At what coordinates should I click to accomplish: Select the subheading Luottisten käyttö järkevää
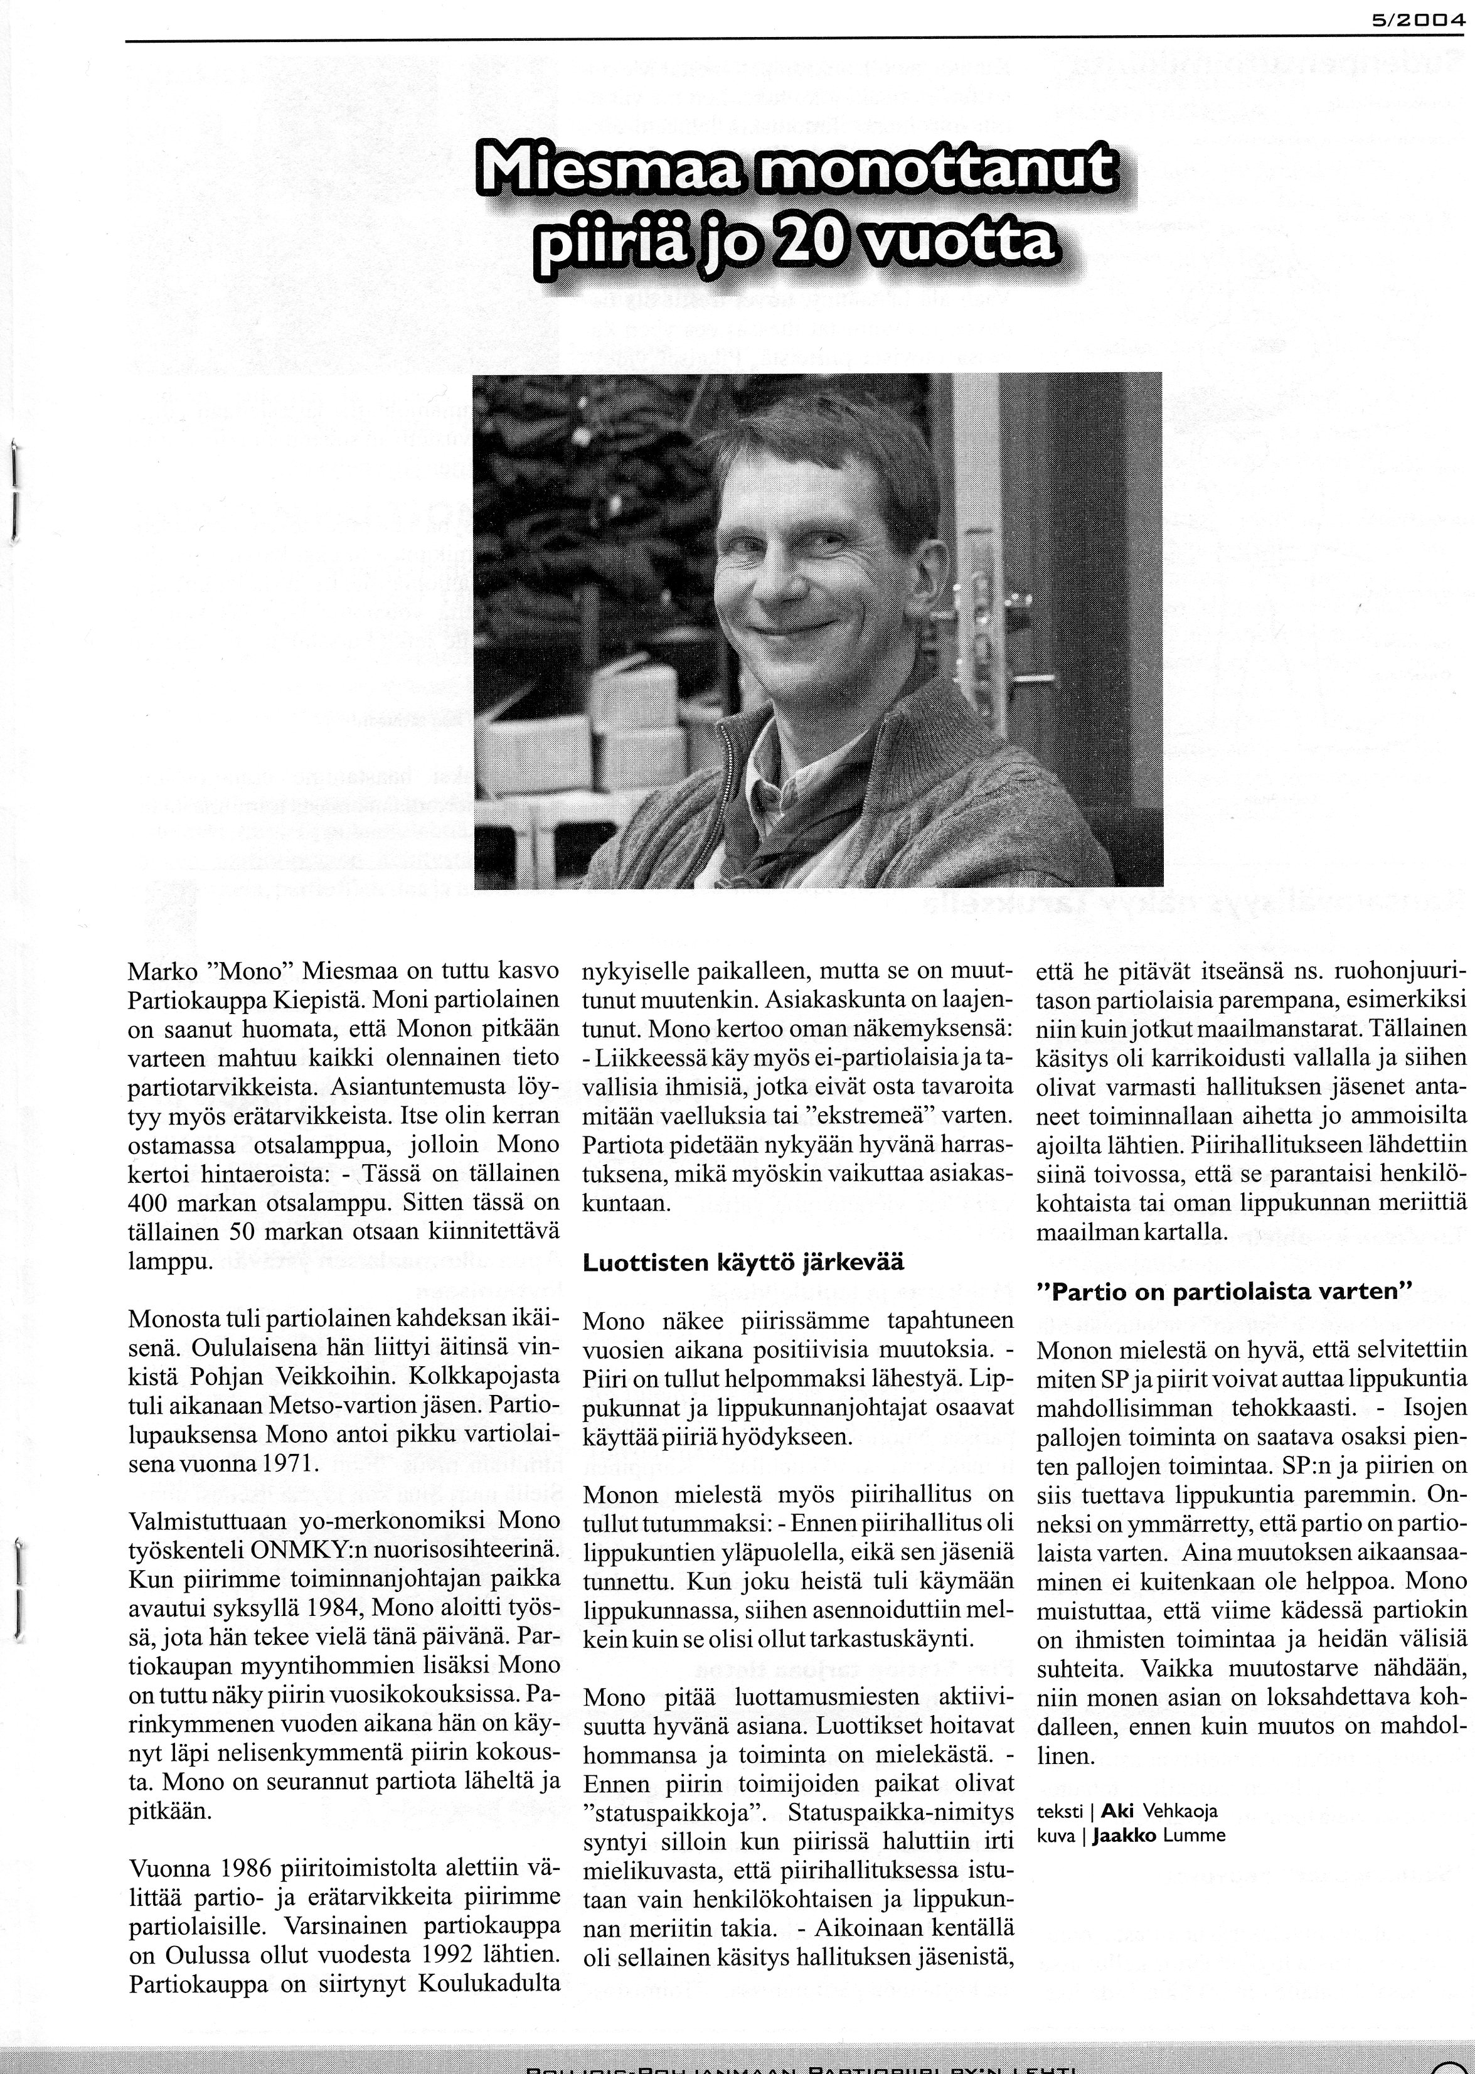coord(743,1263)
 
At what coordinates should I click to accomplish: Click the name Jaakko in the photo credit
coord(1126,1835)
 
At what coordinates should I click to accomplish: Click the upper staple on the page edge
coord(14,491)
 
